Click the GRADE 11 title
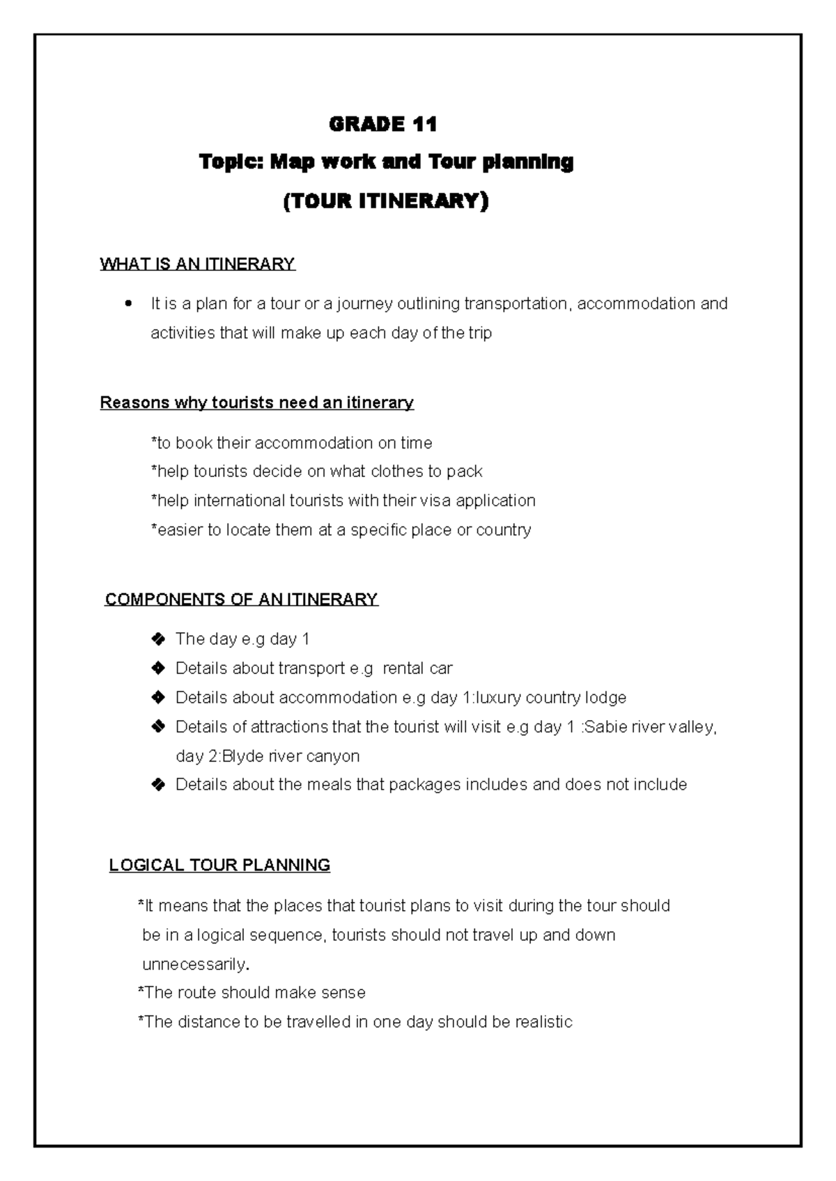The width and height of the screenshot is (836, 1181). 382,125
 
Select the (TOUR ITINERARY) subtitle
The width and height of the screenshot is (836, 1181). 386,201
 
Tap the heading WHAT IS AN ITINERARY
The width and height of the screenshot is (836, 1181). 198,264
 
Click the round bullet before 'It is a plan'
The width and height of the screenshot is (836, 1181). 127,304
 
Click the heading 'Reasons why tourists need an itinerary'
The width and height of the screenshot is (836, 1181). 257,402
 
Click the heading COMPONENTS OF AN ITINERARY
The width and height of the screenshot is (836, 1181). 241,600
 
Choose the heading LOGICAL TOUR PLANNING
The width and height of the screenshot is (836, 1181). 219,866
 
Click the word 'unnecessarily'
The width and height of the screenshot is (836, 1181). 194,964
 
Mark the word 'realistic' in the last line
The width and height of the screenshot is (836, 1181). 543,1022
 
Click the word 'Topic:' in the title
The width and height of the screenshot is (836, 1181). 231,162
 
